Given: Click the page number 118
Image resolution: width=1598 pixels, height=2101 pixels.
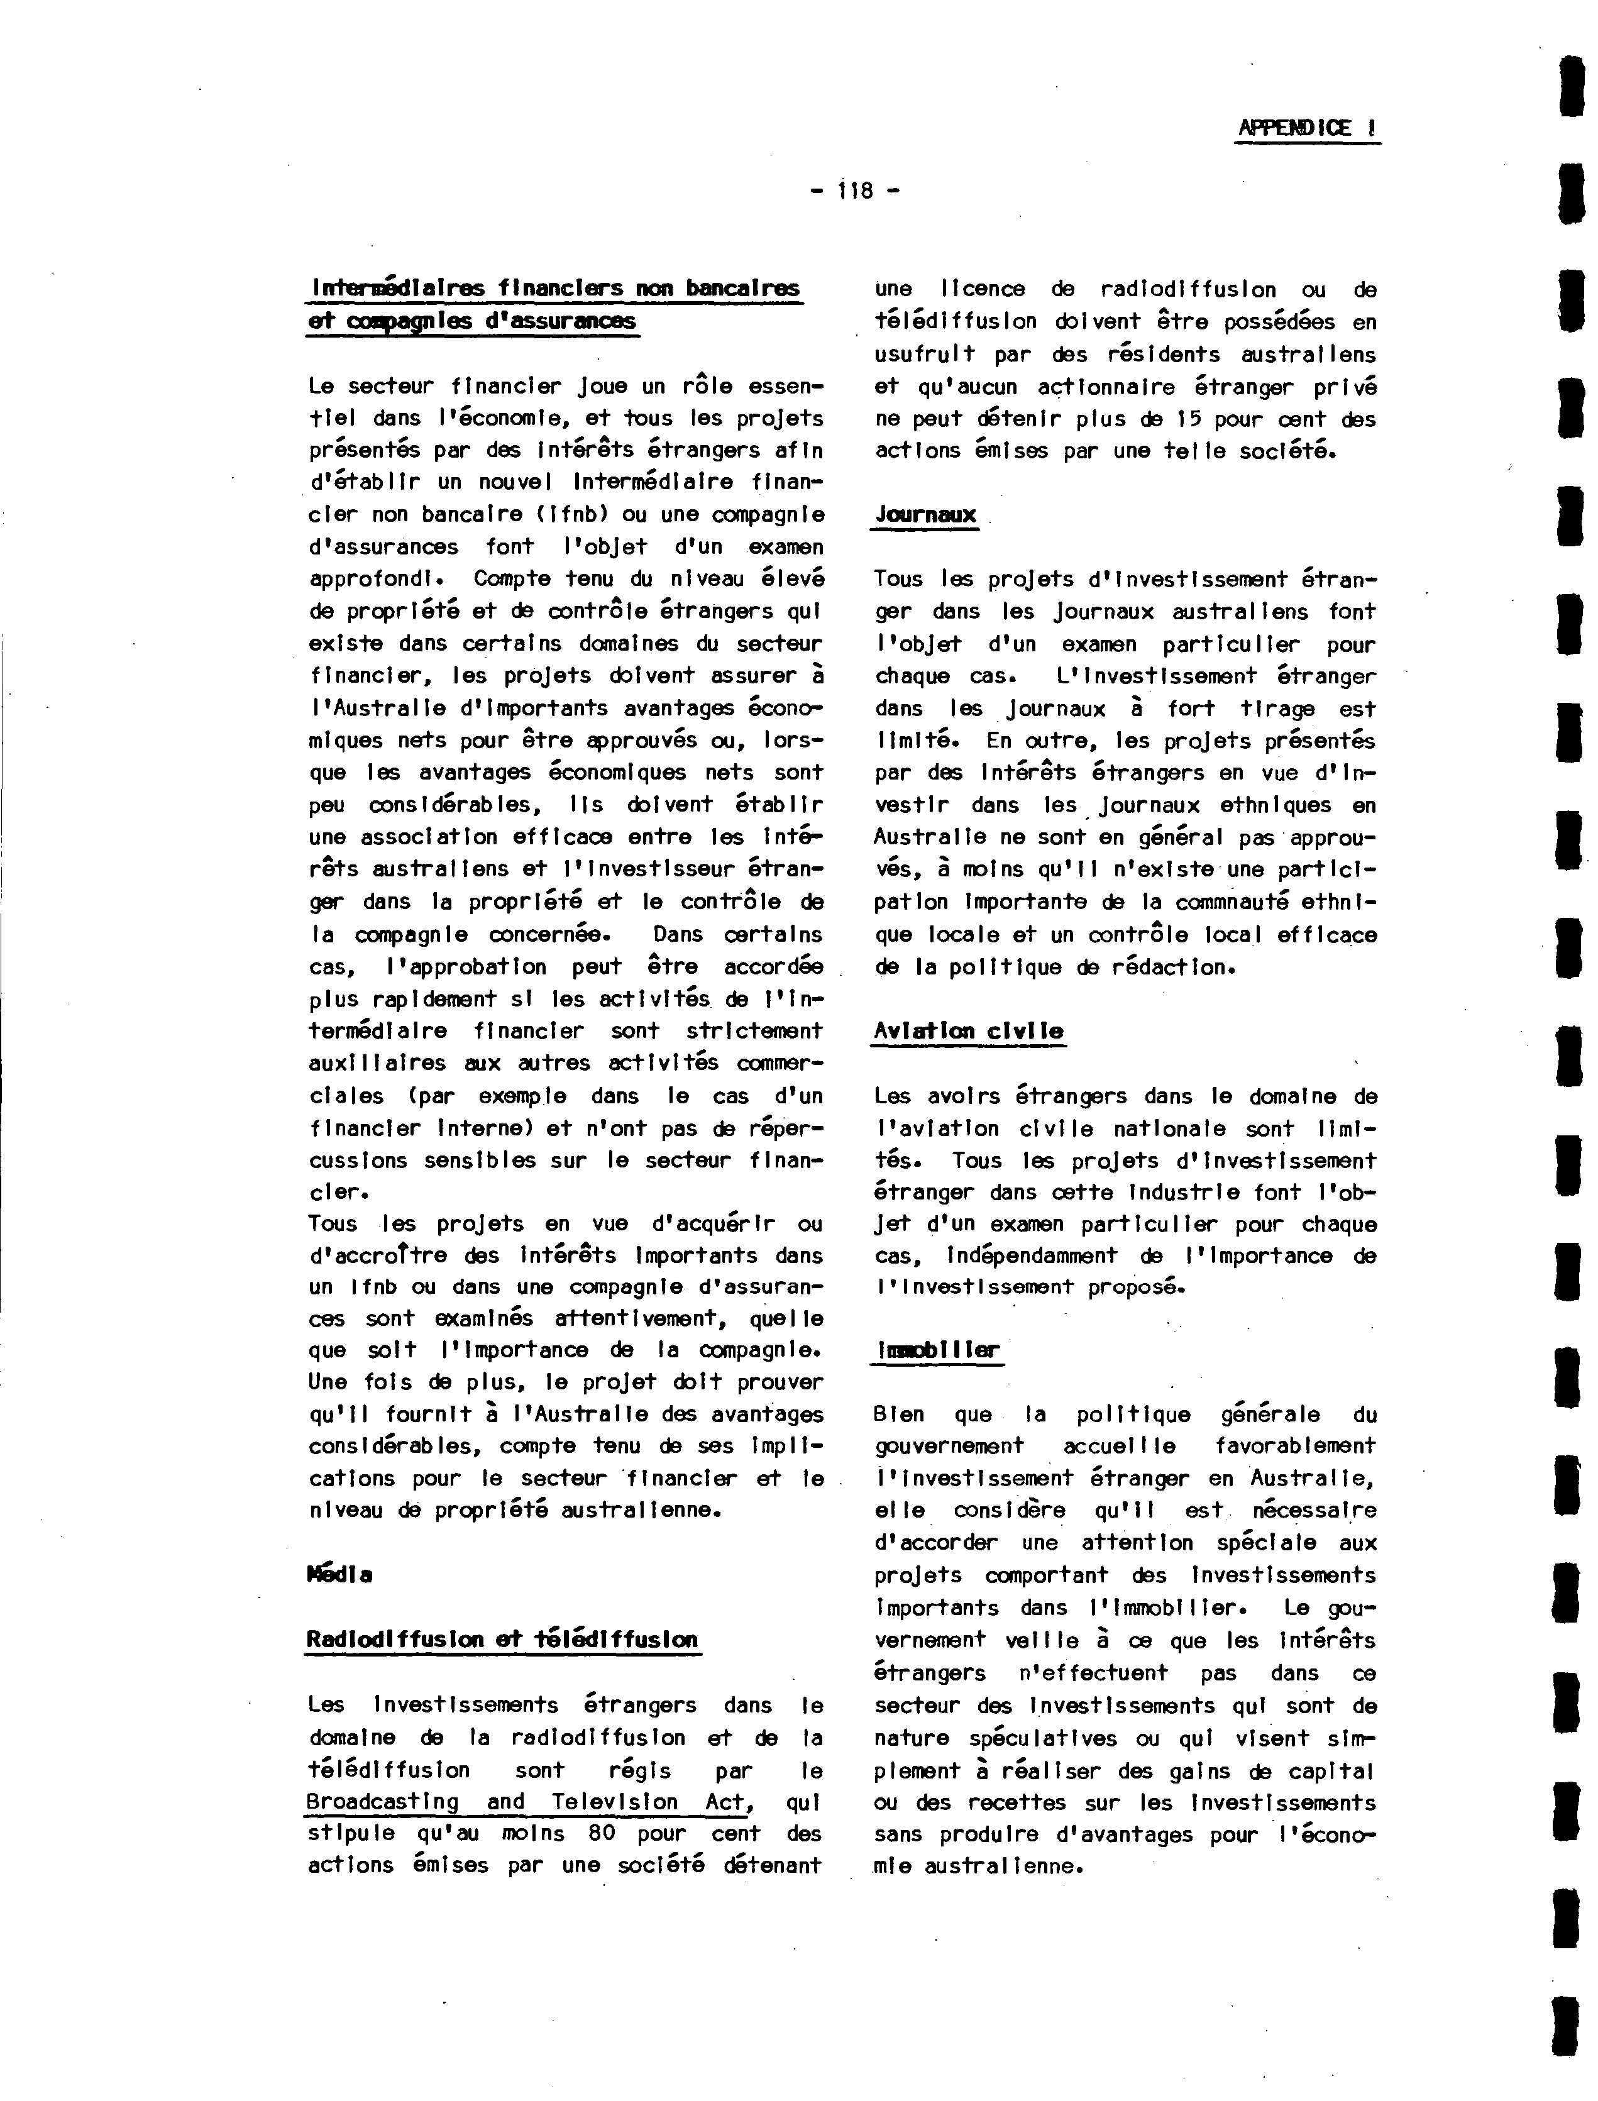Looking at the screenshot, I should (x=855, y=191).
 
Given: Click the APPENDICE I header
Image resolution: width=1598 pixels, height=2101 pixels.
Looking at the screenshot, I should (x=1307, y=128).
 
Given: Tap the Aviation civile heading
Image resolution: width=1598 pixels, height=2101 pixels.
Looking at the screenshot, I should (x=968, y=1031).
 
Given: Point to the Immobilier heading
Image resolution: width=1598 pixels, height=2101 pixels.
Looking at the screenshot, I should (x=937, y=1350).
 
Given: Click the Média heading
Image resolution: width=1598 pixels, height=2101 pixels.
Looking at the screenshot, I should (x=339, y=1574).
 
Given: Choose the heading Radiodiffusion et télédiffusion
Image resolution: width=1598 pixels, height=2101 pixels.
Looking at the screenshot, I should (x=502, y=1639).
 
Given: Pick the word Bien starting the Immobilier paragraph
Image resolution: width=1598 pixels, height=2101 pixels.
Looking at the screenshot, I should (x=898, y=1414).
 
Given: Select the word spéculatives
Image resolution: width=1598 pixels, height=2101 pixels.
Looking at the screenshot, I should (x=1045, y=1739).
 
